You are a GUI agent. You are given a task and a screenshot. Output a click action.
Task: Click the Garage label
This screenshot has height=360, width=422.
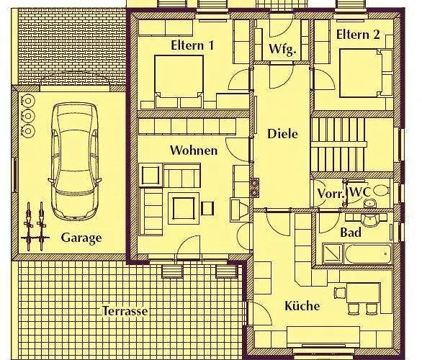pyautogui.click(x=81, y=238)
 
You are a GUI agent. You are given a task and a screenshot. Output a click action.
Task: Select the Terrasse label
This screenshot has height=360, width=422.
pyautogui.click(x=125, y=311)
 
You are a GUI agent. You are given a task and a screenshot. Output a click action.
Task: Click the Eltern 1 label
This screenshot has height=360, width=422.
pyautogui.click(x=192, y=45)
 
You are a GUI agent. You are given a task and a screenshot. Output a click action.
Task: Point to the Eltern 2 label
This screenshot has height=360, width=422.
pyautogui.click(x=357, y=35)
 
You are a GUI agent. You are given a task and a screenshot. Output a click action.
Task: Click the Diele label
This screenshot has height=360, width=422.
pyautogui.click(x=282, y=133)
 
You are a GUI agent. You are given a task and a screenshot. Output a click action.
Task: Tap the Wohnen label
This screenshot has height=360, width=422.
pyautogui.click(x=194, y=150)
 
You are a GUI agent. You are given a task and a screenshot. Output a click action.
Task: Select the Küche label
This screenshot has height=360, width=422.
pyautogui.click(x=302, y=306)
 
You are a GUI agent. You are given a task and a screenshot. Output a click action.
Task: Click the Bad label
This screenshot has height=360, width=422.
pyautogui.click(x=351, y=233)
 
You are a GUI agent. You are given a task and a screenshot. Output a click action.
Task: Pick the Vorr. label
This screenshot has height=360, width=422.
pyautogui.click(x=331, y=194)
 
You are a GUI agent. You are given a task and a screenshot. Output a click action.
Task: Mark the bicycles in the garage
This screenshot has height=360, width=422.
pyautogui.click(x=35, y=224)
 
